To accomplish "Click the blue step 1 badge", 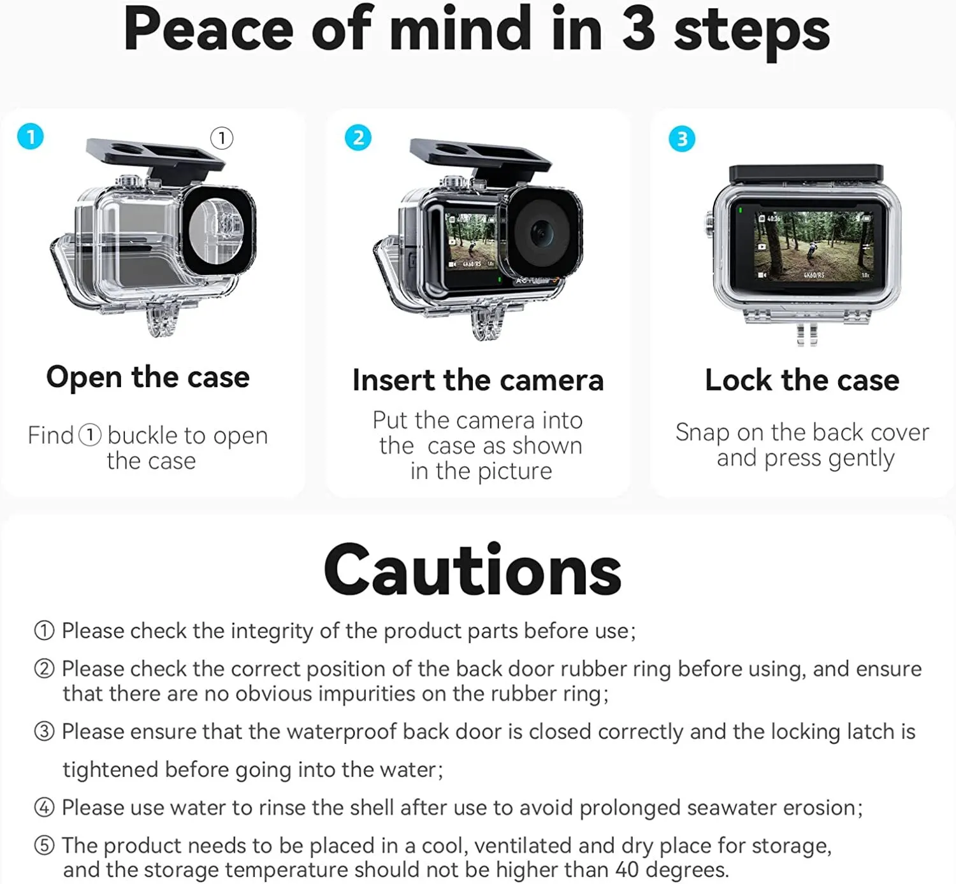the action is pyautogui.click(x=31, y=136).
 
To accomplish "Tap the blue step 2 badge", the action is pyautogui.click(x=358, y=138).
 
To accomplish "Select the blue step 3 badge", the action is pyautogui.click(x=682, y=139).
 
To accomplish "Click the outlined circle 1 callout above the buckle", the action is pyautogui.click(x=221, y=139).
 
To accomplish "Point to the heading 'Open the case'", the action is pyautogui.click(x=148, y=377).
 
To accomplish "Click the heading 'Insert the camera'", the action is pyautogui.click(x=478, y=380).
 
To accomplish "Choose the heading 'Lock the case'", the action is pyautogui.click(x=802, y=380).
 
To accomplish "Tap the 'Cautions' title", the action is pyautogui.click(x=473, y=570).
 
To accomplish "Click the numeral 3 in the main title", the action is pyautogui.click(x=639, y=29).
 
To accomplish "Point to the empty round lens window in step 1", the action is pyautogui.click(x=217, y=231).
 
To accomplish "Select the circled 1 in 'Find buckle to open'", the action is pyautogui.click(x=90, y=435).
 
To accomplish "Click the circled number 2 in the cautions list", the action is pyautogui.click(x=44, y=669).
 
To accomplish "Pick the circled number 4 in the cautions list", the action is pyautogui.click(x=44, y=808).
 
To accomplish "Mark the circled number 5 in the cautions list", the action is pyautogui.click(x=44, y=846).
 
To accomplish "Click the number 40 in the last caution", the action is pyautogui.click(x=626, y=869).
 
